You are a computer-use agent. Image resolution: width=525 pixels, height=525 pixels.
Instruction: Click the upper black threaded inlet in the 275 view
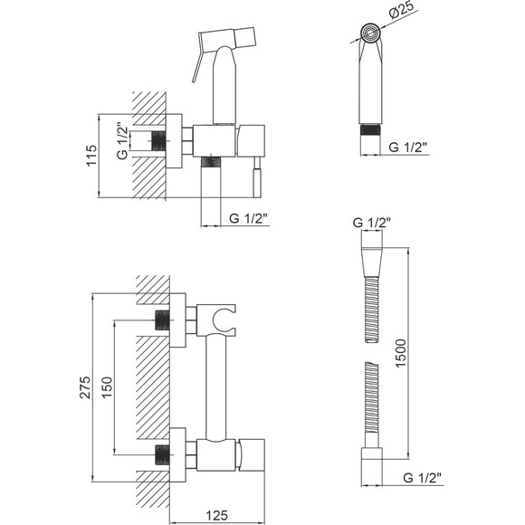[163, 320]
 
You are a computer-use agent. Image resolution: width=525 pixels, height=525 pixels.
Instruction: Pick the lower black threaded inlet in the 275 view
[163, 454]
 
